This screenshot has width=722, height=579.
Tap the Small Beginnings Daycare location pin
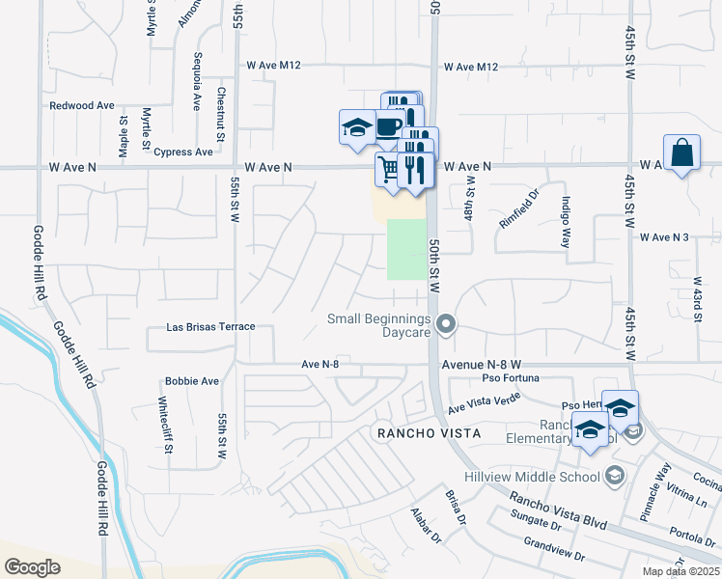tap(446, 325)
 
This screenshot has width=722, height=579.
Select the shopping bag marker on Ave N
tap(681, 153)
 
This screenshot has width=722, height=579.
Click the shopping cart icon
tap(388, 169)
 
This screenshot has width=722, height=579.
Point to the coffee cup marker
tap(388, 127)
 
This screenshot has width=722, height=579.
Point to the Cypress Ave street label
tap(183, 152)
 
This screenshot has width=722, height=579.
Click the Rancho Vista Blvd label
tap(558, 511)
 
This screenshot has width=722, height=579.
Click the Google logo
tap(33, 566)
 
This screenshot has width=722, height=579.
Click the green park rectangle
tap(406, 249)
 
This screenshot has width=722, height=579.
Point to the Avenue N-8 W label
tap(482, 365)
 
